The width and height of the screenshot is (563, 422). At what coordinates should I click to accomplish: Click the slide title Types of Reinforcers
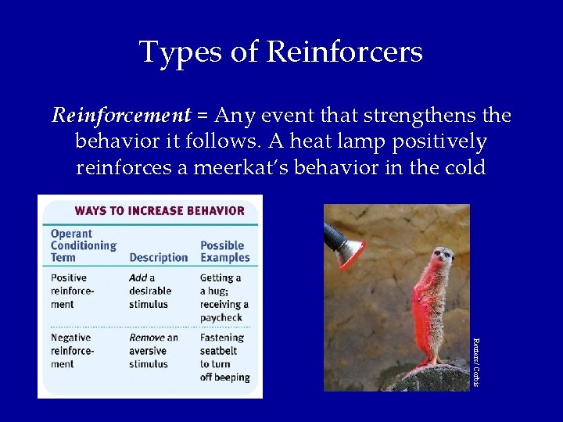pos(281,52)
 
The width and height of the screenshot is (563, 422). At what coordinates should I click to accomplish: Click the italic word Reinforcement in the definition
pos(121,116)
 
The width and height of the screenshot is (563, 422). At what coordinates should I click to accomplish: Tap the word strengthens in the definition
pos(412,116)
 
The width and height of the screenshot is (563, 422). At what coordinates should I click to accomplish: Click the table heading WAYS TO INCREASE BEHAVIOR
pos(160,210)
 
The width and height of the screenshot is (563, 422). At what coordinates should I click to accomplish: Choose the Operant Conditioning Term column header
pos(83,245)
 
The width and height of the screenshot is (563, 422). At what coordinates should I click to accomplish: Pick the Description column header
pos(158,257)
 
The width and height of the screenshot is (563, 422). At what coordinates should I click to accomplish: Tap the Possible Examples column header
pos(225,251)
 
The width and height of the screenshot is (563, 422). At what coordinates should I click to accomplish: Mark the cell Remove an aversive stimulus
pos(153,351)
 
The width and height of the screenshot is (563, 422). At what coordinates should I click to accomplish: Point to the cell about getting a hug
pos(224,298)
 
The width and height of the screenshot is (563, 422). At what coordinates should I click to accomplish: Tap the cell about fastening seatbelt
pos(224,357)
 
